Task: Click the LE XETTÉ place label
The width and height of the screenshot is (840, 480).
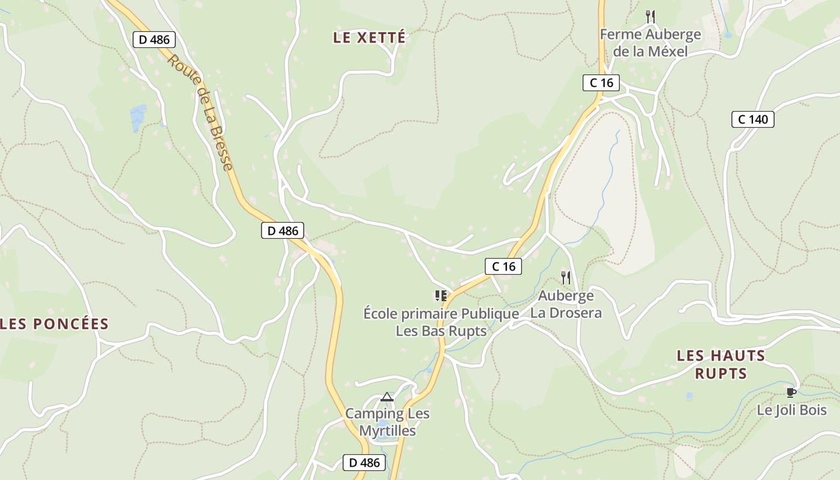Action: pyautogui.click(x=370, y=37)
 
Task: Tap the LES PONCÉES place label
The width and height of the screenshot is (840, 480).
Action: pyautogui.click(x=55, y=325)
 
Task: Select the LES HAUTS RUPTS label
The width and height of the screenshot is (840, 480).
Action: pyautogui.click(x=721, y=364)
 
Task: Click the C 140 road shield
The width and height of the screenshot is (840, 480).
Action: pyautogui.click(x=752, y=119)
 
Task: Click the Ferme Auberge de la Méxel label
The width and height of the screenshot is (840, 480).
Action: pyautogui.click(x=650, y=43)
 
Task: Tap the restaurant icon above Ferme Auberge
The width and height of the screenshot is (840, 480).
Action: pyautogui.click(x=650, y=16)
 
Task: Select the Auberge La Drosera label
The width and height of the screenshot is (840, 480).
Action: pyautogui.click(x=566, y=304)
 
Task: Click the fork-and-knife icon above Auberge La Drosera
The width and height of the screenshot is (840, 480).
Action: pyautogui.click(x=565, y=277)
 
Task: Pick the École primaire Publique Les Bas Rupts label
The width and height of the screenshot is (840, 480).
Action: pyautogui.click(x=441, y=322)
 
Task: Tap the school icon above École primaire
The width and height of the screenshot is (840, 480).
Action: pyautogui.click(x=441, y=295)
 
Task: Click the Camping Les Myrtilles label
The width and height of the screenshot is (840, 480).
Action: pyautogui.click(x=387, y=422)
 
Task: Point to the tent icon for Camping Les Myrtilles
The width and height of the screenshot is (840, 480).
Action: pyautogui.click(x=387, y=397)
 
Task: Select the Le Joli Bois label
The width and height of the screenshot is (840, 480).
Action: pyautogui.click(x=791, y=410)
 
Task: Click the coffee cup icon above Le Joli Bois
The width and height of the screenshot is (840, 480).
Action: pyautogui.click(x=791, y=392)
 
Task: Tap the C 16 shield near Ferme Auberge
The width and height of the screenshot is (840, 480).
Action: pyautogui.click(x=601, y=83)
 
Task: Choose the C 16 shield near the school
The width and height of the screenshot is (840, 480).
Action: pyautogui.click(x=503, y=266)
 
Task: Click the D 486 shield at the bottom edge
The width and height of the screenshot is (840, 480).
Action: pyautogui.click(x=364, y=463)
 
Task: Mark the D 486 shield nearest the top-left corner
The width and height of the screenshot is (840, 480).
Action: pyautogui.click(x=154, y=40)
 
